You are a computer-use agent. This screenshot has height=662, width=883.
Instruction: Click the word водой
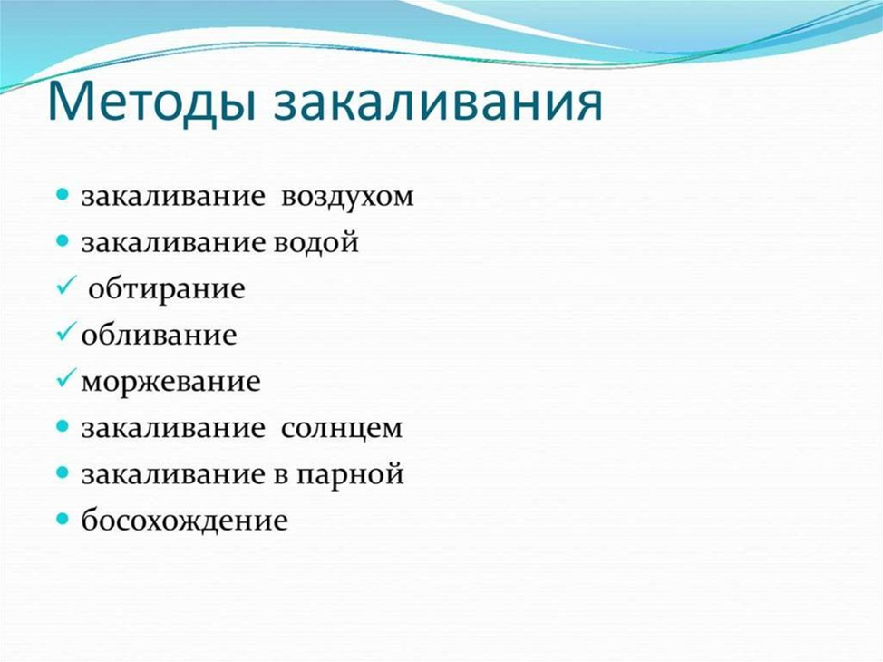[x=316, y=242]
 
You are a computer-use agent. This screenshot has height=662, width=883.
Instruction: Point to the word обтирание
[x=167, y=289]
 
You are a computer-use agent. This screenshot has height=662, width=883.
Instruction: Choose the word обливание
[x=159, y=335]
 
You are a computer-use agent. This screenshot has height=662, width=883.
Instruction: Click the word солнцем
[x=342, y=429]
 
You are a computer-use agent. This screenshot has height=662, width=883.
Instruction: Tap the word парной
[x=350, y=474]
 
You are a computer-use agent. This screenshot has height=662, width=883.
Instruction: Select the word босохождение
[x=185, y=520]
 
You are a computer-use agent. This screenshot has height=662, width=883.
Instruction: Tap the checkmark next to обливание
[x=66, y=333]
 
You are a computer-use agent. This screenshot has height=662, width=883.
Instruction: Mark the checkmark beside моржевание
[x=66, y=378]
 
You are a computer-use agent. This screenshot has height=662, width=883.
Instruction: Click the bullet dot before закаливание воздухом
[x=63, y=195]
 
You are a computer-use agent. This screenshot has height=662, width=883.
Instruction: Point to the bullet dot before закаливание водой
[x=63, y=241]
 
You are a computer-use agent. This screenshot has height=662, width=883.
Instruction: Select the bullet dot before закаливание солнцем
[x=63, y=425]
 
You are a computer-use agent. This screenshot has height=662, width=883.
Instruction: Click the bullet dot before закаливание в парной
[x=63, y=472]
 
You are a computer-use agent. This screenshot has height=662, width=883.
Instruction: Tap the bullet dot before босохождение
[x=63, y=518]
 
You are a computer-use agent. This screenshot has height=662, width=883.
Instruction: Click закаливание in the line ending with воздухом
[x=173, y=197]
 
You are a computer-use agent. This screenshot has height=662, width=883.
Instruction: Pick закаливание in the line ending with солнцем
[x=173, y=428]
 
